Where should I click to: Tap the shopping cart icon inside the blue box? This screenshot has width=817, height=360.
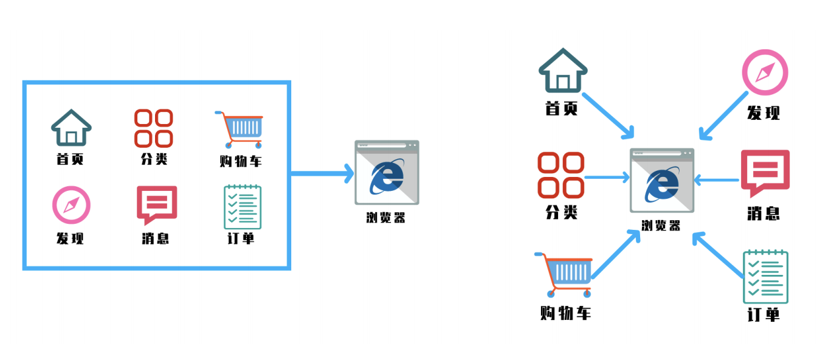[240, 128]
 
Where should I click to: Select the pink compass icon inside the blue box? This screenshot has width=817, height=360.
[71, 206]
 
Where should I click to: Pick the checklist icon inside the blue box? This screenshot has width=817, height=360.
[243, 207]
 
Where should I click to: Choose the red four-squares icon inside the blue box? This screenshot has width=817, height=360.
[154, 128]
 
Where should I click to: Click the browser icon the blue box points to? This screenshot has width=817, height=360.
[387, 173]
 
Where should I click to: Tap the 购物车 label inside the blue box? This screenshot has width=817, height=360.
[241, 161]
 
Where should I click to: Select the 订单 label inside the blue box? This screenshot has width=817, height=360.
[241, 238]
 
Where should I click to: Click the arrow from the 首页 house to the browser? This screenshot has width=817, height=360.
[608, 114]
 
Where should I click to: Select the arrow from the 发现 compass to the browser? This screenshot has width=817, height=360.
[724, 116]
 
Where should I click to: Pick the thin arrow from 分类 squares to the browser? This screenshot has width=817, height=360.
[607, 178]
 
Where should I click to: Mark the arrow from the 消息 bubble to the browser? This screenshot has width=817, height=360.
[717, 179]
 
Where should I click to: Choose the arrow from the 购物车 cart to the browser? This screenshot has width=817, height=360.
[616, 255]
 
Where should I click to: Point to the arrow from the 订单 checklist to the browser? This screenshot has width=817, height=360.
[719, 257]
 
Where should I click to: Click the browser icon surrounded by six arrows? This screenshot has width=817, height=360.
[662, 180]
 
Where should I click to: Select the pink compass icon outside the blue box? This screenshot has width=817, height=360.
[765, 72]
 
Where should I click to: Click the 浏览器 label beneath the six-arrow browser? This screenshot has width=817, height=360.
[661, 226]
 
